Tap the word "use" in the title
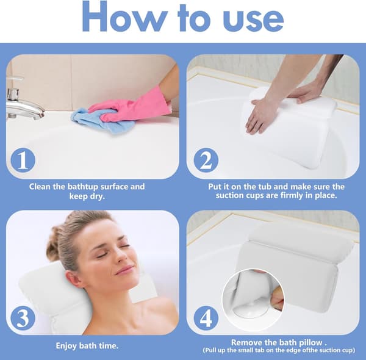point(253,20)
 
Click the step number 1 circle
point(23,160)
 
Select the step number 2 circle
point(206,160)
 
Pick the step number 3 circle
point(23,318)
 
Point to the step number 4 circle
point(206,318)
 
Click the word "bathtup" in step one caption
point(82,187)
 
